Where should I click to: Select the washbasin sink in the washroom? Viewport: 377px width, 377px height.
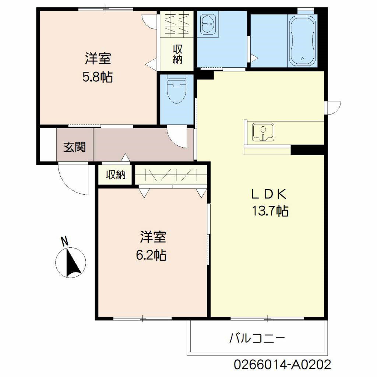pyautogui.click(x=208, y=24)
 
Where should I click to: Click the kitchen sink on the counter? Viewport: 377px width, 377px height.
pyautogui.click(x=263, y=132)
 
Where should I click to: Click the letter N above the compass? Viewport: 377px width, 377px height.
pyautogui.click(x=65, y=241)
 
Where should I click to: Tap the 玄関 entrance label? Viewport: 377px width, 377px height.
pyautogui.click(x=75, y=147)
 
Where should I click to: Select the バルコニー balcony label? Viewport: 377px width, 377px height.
pyautogui.click(x=257, y=338)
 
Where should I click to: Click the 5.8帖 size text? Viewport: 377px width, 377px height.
pyautogui.click(x=98, y=77)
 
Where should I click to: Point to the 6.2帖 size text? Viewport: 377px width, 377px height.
pyautogui.click(x=151, y=255)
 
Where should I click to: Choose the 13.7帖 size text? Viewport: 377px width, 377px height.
pyautogui.click(x=269, y=211)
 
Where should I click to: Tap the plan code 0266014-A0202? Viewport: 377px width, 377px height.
pyautogui.click(x=282, y=365)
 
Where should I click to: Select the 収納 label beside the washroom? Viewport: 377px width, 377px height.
pyautogui.click(x=177, y=54)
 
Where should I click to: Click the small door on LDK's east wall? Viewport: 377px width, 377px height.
pyautogui.click(x=333, y=108)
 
